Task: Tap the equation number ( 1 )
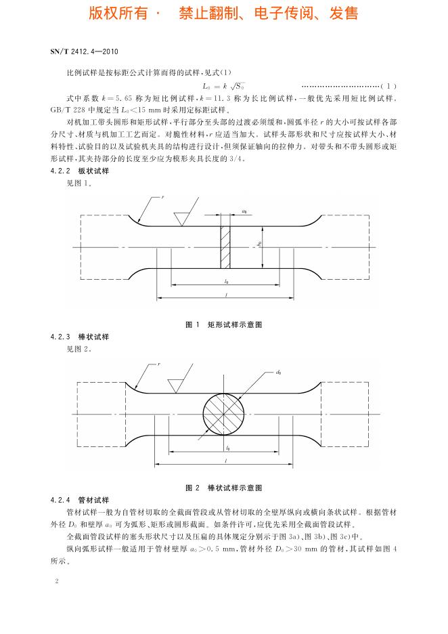pyautogui.click(x=388, y=86)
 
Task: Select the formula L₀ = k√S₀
pyautogui.click(x=223, y=86)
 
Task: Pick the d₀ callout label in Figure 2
pyautogui.click(x=278, y=372)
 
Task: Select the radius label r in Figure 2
pyautogui.click(x=159, y=364)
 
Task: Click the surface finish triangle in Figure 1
pyautogui.click(x=181, y=219)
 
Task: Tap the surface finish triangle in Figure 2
pyautogui.click(x=177, y=383)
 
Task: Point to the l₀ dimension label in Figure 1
pyautogui.click(x=225, y=280)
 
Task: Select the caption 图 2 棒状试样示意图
pyautogui.click(x=223, y=488)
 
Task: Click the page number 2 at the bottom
pyautogui.click(x=56, y=581)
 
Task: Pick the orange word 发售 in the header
pyautogui.click(x=344, y=13)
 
